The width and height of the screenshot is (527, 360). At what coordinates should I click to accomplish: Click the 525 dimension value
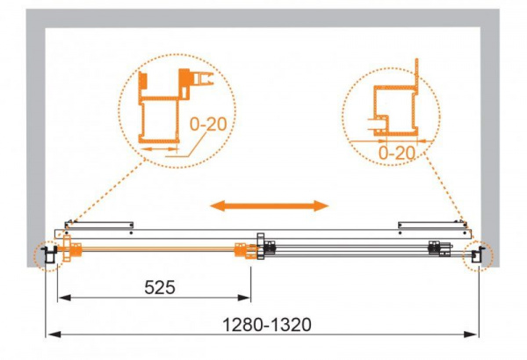tap(160, 287)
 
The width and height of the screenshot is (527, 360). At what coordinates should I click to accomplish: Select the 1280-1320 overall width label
tap(267, 325)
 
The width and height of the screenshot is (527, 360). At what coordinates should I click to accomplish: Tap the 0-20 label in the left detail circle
tap(208, 124)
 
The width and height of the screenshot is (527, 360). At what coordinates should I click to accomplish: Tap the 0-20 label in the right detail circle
tap(397, 154)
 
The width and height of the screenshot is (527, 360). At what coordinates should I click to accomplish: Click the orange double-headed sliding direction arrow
tap(269, 205)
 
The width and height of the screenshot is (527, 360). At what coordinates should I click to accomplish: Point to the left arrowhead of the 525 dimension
tap(64, 298)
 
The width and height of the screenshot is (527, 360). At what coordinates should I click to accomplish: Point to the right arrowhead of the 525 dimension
tap(244, 298)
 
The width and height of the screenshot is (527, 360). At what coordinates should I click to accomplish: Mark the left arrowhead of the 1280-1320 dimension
tap(54, 335)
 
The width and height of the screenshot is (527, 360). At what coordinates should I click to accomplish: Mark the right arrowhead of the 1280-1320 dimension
tap(471, 335)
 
